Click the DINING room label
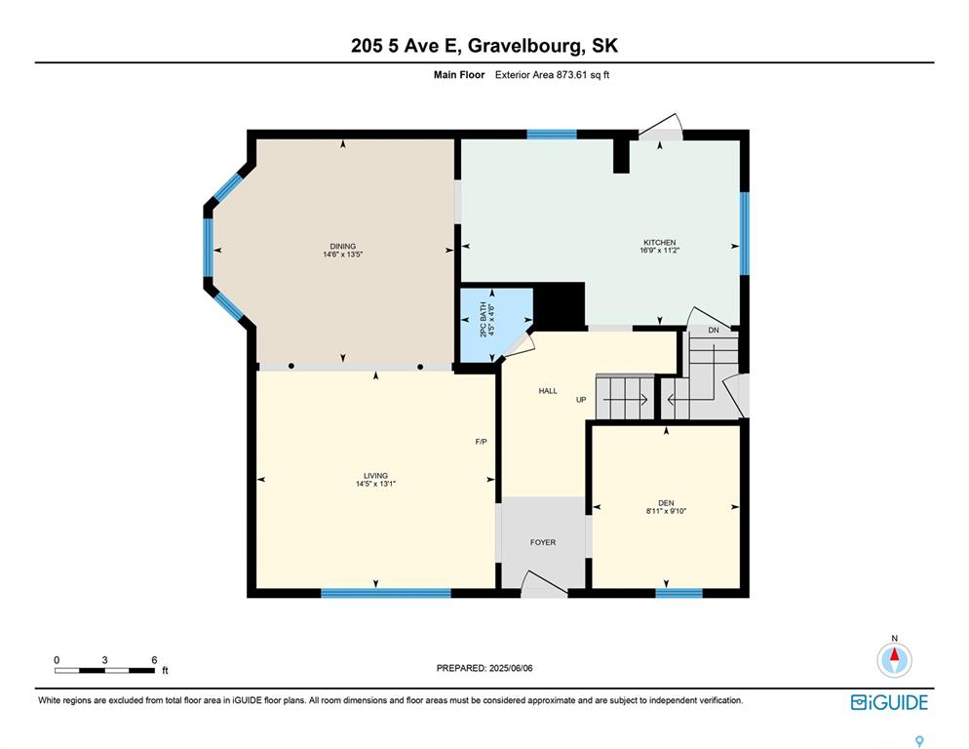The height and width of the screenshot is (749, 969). [342, 247]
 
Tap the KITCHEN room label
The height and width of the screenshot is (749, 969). [659, 243]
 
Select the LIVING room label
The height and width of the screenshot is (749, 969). [375, 477]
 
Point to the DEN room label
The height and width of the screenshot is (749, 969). [666, 504]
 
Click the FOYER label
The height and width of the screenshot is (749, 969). [543, 542]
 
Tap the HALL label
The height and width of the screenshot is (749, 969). [548, 391]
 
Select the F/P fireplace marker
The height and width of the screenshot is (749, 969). [481, 442]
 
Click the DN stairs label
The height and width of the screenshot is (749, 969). [714, 331]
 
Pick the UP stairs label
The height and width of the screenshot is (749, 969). [581, 400]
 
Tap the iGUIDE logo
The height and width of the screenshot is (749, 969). [889, 702]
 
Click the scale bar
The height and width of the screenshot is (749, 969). [105, 670]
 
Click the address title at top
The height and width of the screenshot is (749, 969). [484, 45]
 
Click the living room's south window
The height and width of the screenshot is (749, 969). [373, 592]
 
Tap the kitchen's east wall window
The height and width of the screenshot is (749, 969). [744, 233]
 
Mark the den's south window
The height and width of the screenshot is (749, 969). [678, 592]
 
